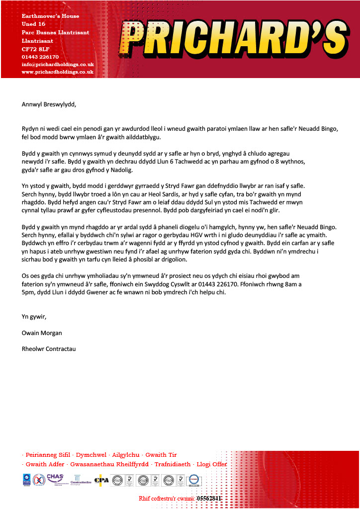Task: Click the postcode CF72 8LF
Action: tap(35, 49)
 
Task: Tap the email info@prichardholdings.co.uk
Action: tap(58, 64)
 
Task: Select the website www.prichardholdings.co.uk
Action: tap(58, 72)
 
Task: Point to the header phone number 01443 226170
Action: tap(40, 57)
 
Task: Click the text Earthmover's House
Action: tap(50, 16)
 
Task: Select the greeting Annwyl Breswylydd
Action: tap(49, 104)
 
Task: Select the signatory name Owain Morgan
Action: tap(42, 333)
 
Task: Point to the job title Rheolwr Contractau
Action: tap(49, 349)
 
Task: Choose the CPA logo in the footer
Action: tap(101, 480)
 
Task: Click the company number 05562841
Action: tap(209, 498)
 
